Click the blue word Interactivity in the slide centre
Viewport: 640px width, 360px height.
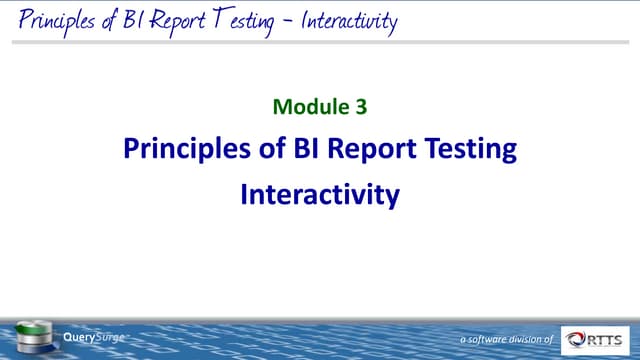[x=320, y=194]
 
